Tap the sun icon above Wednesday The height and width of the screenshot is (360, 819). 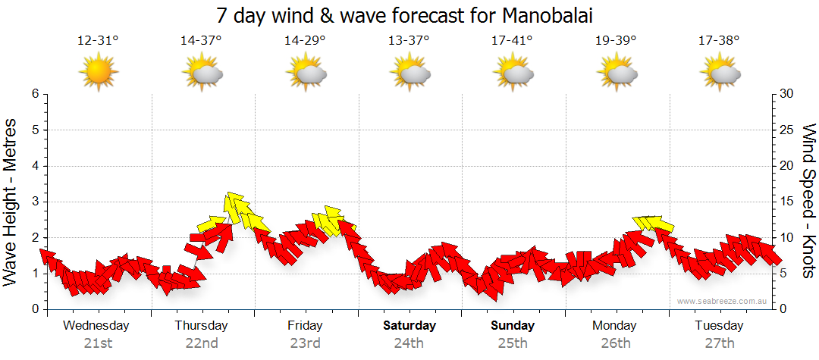pos(98,73)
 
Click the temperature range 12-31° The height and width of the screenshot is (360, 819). pos(98,41)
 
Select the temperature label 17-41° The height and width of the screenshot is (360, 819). pos(512,41)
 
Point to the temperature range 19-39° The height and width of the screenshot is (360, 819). pos(616,41)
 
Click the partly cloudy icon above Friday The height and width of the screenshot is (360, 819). pos(306,73)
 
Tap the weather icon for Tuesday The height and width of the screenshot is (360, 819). pos(720,73)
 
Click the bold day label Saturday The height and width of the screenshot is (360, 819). pos(409,326)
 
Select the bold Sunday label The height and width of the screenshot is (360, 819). pos(513,326)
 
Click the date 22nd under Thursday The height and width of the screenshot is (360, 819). pos(202,343)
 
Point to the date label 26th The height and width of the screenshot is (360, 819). pos(616,343)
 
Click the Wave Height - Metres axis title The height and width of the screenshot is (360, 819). pos(11,201)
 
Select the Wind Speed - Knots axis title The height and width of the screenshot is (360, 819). pos(808,201)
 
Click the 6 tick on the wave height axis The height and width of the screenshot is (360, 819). pos(35,94)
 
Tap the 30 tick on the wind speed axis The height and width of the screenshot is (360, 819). pos(787,94)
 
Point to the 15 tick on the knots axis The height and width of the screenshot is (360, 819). pos(787,202)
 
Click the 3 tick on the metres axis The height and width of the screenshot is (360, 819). pos(35,202)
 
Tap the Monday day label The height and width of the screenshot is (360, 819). pos(615,326)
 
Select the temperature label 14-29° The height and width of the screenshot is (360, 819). pos(305,41)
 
